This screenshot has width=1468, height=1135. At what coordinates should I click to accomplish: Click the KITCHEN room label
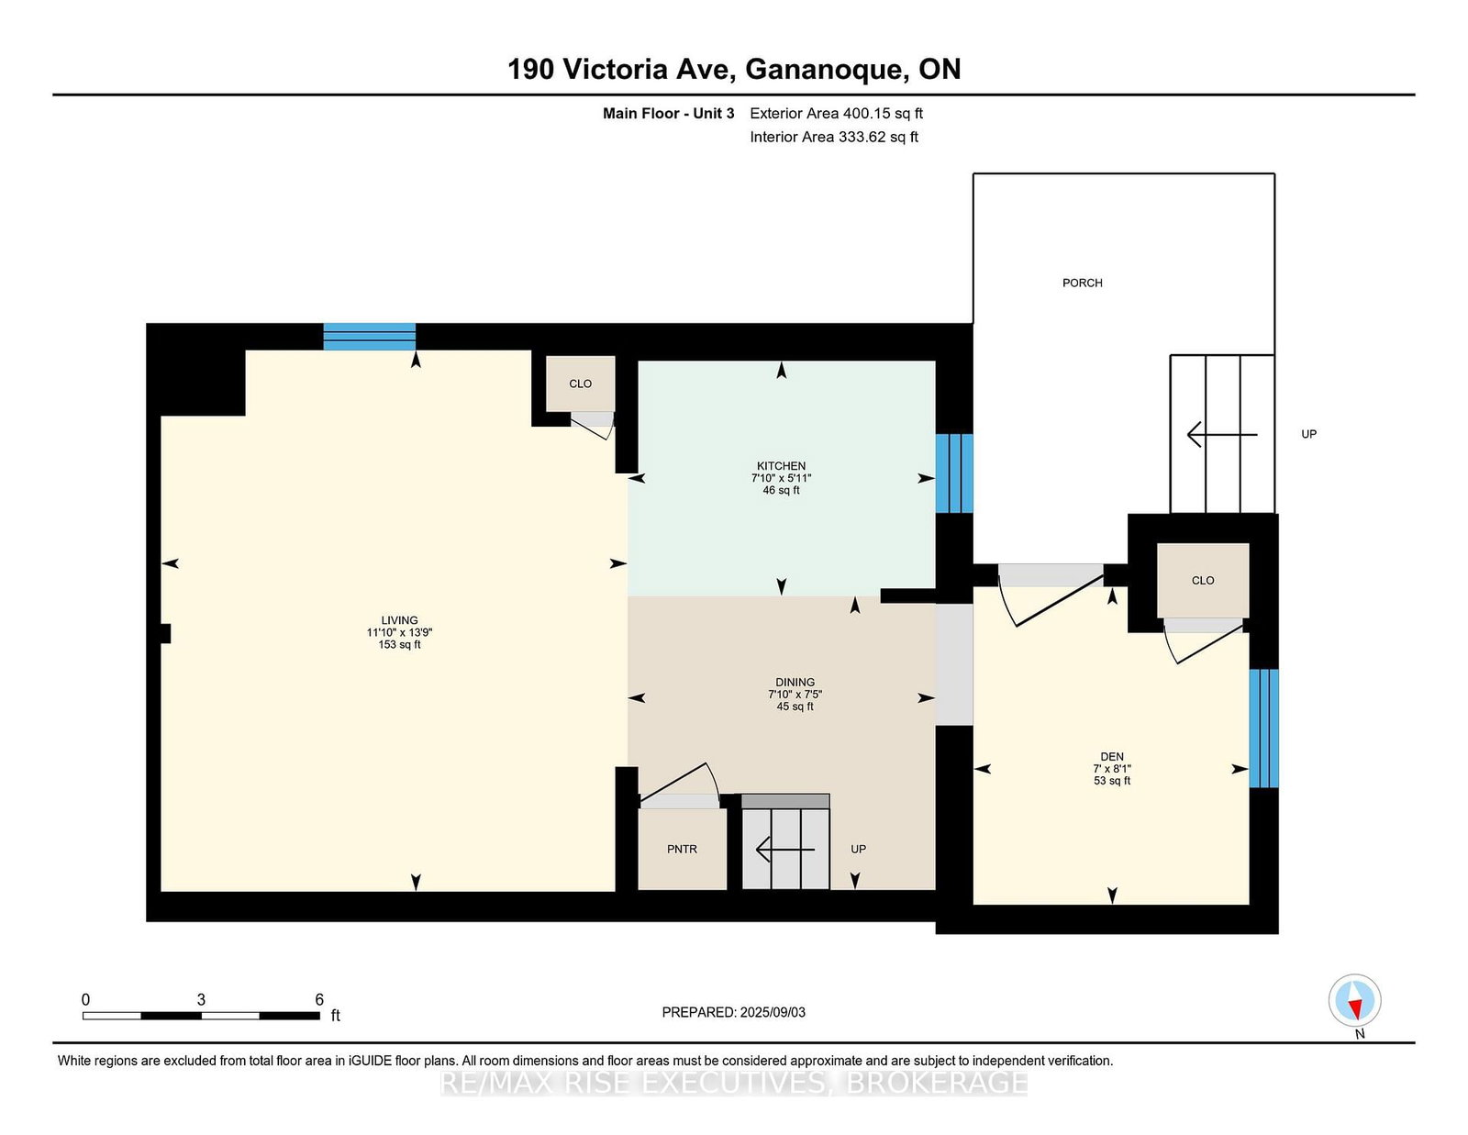(x=781, y=466)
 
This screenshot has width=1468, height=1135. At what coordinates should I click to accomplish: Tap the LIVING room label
(x=399, y=620)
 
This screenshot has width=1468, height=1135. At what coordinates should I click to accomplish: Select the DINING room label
(x=795, y=683)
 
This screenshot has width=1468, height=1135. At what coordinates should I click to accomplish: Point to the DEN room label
(x=1112, y=757)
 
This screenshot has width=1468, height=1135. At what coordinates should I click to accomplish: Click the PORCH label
(x=1083, y=284)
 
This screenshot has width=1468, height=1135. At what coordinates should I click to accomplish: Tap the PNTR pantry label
(x=682, y=850)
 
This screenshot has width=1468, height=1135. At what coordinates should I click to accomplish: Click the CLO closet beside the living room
(x=580, y=384)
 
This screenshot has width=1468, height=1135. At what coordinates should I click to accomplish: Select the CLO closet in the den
(x=1203, y=580)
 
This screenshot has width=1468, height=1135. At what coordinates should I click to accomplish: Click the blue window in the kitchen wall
(x=954, y=473)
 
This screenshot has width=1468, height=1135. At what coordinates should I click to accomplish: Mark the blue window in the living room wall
(x=370, y=337)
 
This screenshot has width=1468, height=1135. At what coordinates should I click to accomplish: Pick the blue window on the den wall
(x=1263, y=729)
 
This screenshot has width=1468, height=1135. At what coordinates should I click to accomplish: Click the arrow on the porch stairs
(x=1222, y=434)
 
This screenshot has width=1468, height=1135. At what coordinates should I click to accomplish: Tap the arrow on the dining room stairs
(x=785, y=850)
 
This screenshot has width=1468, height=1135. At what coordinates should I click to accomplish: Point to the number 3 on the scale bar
(x=201, y=1000)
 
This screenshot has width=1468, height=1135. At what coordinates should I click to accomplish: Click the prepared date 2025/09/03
(x=773, y=1012)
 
